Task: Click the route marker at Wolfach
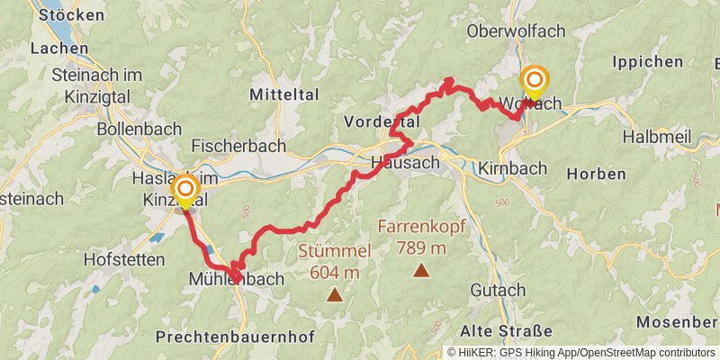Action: coord(534,81)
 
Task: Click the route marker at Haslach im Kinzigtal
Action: coord(185,189)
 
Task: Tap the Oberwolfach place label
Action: coord(516,31)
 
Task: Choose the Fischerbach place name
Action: coord(238,145)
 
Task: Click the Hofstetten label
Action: coord(121,259)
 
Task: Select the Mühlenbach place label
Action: coord(236,279)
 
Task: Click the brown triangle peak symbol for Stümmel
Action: coord(335,293)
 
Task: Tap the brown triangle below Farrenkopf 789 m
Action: coord(420,270)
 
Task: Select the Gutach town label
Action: coord(498,290)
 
